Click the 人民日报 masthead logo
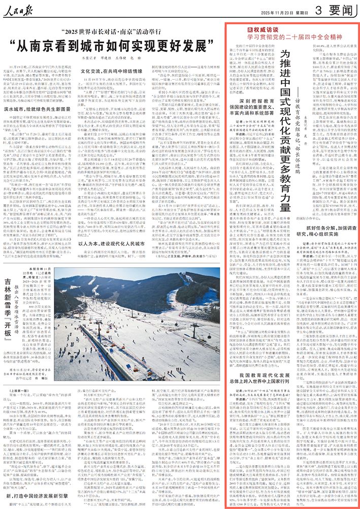[x=21, y=9]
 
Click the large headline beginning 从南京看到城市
[x=118, y=48]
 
